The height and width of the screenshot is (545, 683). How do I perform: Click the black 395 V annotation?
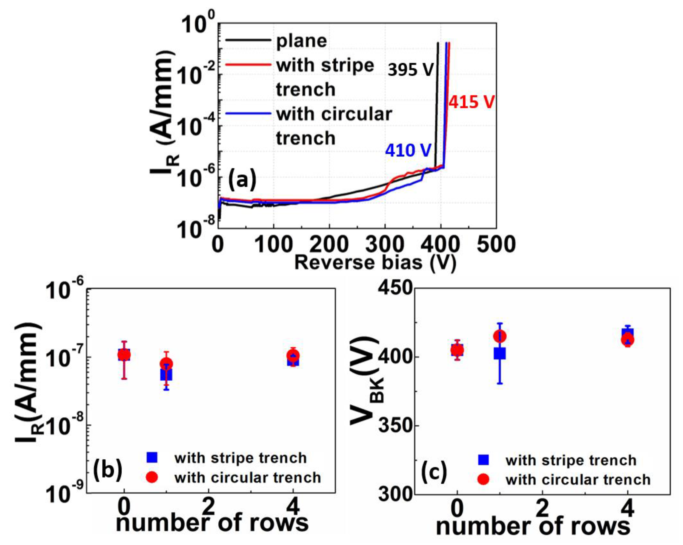pyautogui.click(x=410, y=69)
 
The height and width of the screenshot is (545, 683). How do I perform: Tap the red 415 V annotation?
pyautogui.click(x=471, y=102)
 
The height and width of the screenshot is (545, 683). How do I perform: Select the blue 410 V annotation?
pyautogui.click(x=408, y=150)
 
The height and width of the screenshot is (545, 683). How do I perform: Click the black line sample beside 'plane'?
pyautogui.click(x=248, y=41)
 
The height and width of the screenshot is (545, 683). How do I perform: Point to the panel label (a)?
pyautogui.click(x=242, y=180)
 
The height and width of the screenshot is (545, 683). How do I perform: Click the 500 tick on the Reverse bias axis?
pyautogui.click(x=496, y=245)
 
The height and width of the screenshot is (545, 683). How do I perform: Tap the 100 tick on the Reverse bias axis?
pyautogui.click(x=273, y=245)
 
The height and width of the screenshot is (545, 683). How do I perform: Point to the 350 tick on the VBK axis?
pyautogui.click(x=395, y=426)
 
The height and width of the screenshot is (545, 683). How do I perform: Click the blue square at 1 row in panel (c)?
pyautogui.click(x=499, y=353)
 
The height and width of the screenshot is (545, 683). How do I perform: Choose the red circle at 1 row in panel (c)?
pyautogui.click(x=499, y=336)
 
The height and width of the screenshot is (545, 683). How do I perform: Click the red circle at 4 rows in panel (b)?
pyautogui.click(x=293, y=356)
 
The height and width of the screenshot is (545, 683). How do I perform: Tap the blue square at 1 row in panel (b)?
pyautogui.click(x=166, y=374)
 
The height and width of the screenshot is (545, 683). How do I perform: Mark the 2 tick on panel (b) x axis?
pyautogui.click(x=208, y=508)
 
